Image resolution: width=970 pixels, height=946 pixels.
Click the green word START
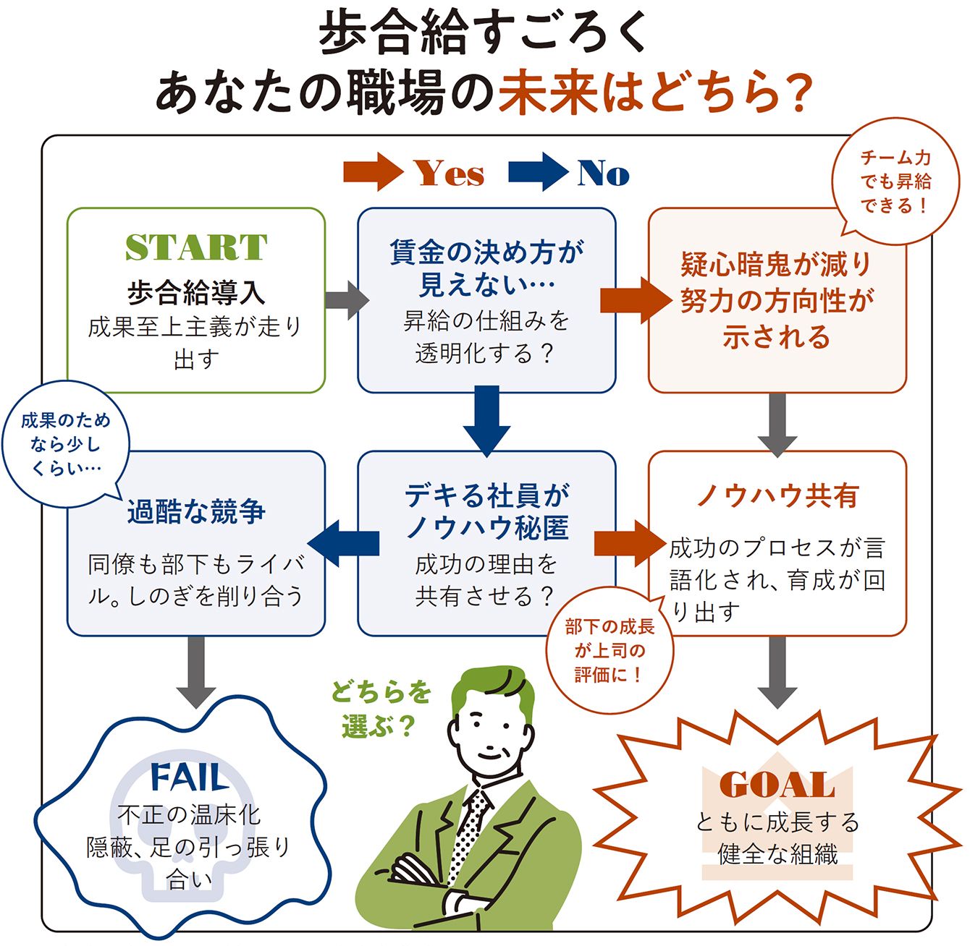coord(196,247)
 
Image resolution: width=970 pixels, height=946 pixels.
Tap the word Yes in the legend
coord(449,174)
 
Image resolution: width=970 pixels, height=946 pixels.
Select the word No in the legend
coord(603,174)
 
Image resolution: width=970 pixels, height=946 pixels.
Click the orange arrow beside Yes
coord(373,172)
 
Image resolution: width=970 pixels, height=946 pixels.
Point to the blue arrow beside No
coord(538,172)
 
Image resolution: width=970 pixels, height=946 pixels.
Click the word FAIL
coord(189,777)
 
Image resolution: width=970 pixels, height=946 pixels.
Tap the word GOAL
coord(777,785)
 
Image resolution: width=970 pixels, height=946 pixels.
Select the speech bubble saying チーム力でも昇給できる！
coord(895,182)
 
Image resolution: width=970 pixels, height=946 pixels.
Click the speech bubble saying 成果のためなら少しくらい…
coord(65,444)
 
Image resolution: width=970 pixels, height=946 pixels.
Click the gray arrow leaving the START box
coord(347,300)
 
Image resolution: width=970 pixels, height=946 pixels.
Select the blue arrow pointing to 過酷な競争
coord(343,543)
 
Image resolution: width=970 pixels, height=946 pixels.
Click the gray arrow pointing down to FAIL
coord(196,672)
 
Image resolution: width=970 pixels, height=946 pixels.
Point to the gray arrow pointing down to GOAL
coord(777,672)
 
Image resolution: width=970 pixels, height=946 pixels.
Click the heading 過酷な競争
coord(196,511)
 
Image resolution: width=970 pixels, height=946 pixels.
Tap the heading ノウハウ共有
coord(777,495)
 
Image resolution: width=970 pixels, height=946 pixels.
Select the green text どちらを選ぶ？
coord(381,710)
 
